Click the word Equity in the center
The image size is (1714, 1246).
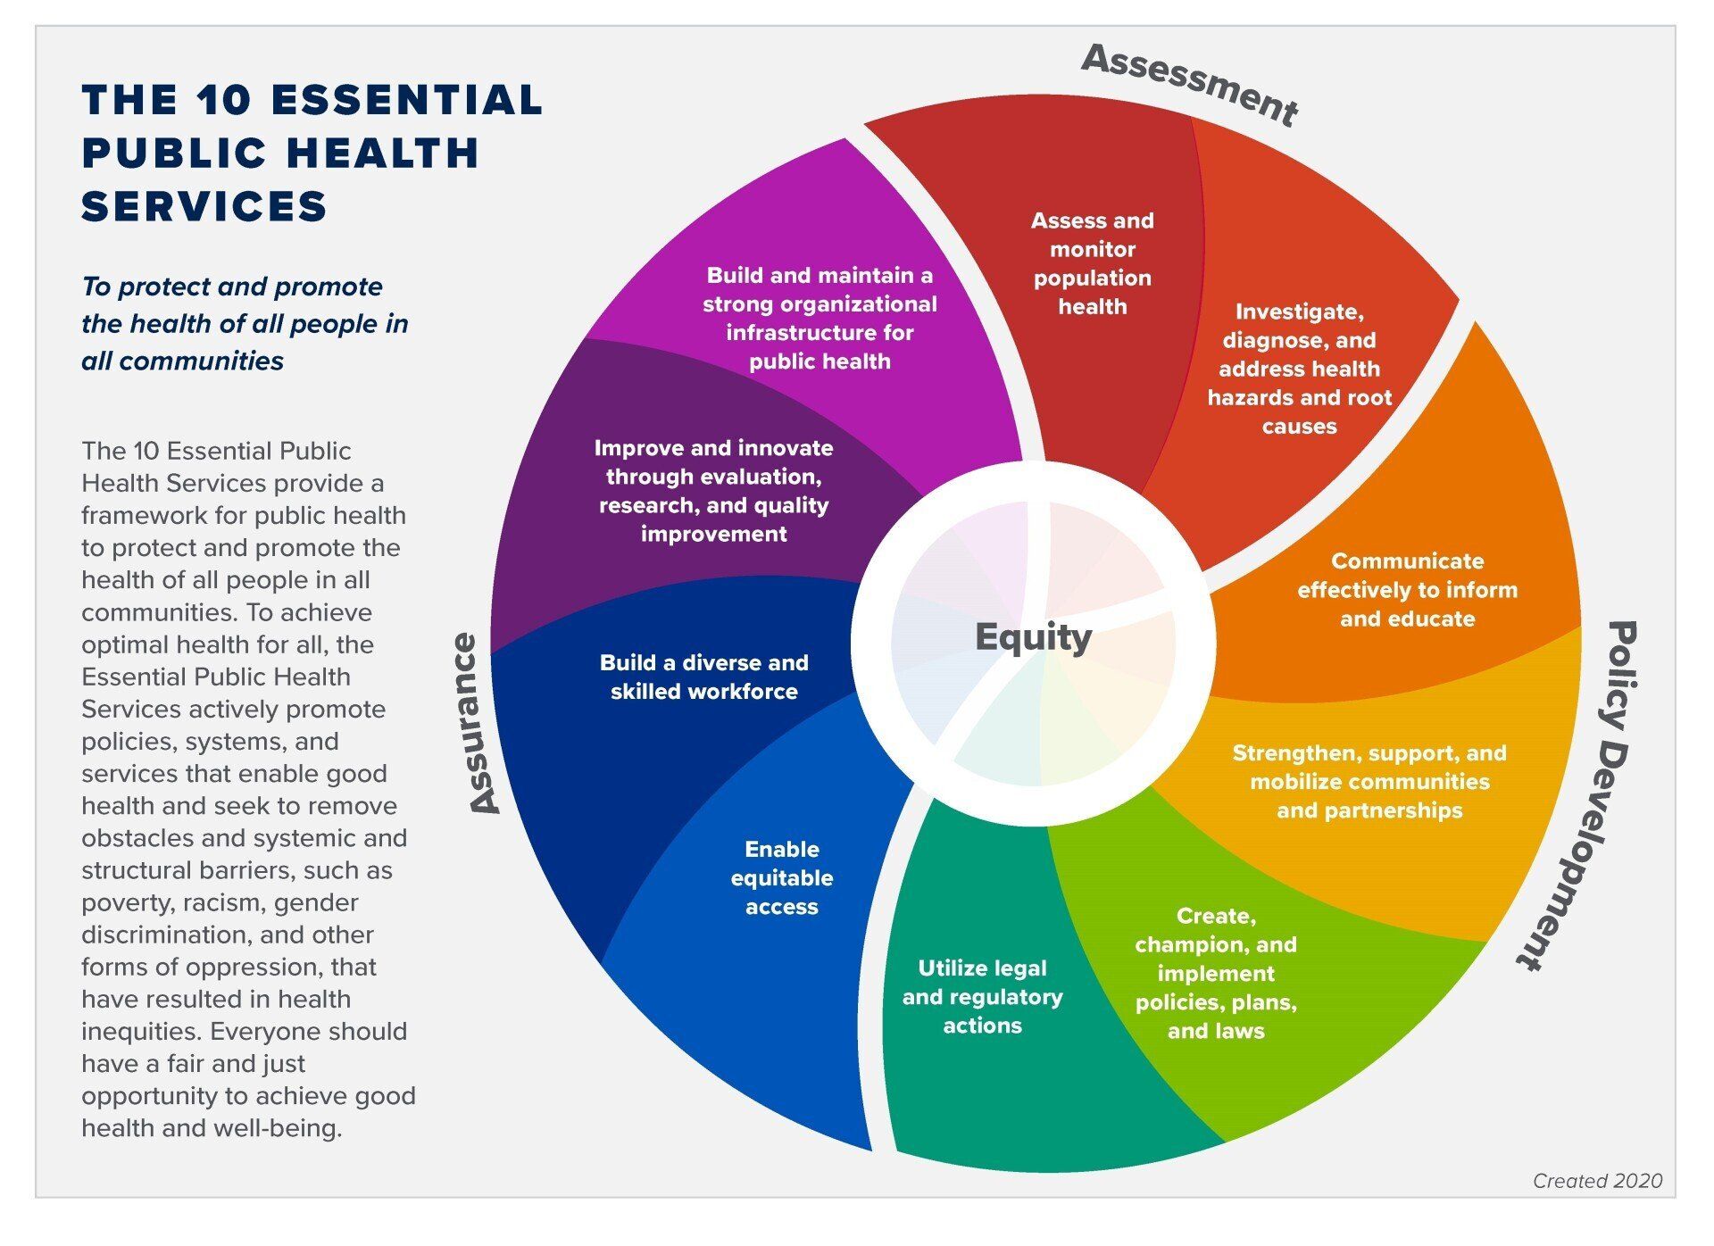pos(1033,637)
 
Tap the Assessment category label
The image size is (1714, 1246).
pos(1190,84)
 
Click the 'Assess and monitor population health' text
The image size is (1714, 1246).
pos(1092,263)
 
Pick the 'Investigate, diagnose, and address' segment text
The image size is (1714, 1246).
pos(1299,369)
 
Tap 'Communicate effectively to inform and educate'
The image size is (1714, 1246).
pos(1407,590)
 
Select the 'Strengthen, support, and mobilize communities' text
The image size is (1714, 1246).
pos(1369,782)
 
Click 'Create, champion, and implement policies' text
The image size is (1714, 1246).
pos(1216,973)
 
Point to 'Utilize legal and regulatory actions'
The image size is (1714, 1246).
pos(982,996)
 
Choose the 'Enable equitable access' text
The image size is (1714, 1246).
pos(781,877)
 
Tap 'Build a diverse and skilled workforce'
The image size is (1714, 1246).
pos(703,677)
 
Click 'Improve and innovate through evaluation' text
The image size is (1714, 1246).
pos(713,491)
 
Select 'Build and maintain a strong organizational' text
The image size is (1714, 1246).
pos(820,318)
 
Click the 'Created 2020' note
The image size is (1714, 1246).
pos(1597,1181)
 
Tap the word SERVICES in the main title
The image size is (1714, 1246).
pos(204,206)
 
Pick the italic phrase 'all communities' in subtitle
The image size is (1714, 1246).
pos(182,361)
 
